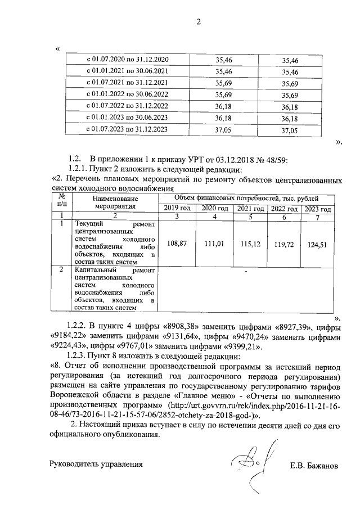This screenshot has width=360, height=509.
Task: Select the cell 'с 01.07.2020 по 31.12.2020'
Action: coord(127,59)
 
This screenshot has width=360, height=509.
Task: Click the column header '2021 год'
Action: coord(250,209)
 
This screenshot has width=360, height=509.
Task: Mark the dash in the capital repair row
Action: coord(246,272)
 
